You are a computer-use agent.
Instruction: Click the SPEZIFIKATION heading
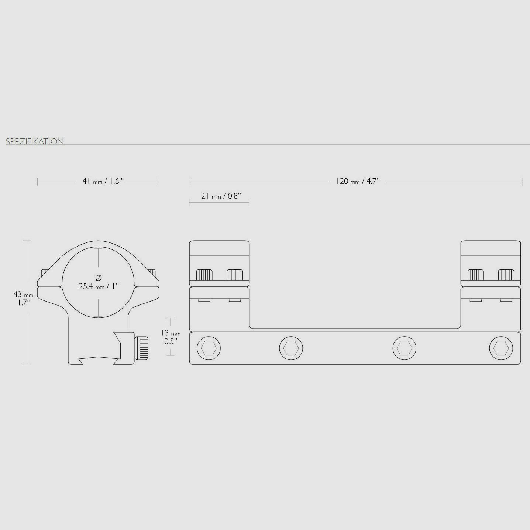35,141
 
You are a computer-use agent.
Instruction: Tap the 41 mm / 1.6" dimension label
102,181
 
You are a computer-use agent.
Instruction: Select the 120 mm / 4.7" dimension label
358,181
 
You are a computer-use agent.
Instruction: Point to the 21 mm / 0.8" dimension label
221,196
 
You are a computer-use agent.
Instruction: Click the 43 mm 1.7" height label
23,298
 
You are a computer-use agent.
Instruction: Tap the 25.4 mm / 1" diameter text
99,286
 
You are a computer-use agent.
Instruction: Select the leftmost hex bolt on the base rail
209,348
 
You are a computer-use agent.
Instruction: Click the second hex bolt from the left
291,348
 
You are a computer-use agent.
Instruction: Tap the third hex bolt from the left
404,348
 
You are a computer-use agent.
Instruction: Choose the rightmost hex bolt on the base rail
501,348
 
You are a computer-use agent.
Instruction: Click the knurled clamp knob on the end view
142,348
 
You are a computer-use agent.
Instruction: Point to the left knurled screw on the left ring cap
204,275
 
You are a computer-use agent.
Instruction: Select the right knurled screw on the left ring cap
235,275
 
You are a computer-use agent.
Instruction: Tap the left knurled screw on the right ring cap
475,275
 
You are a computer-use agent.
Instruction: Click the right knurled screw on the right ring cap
506,275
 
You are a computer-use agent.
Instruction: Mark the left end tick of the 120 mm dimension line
189,182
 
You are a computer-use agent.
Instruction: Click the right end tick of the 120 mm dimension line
522,182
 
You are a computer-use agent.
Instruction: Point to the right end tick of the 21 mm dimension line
249,202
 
